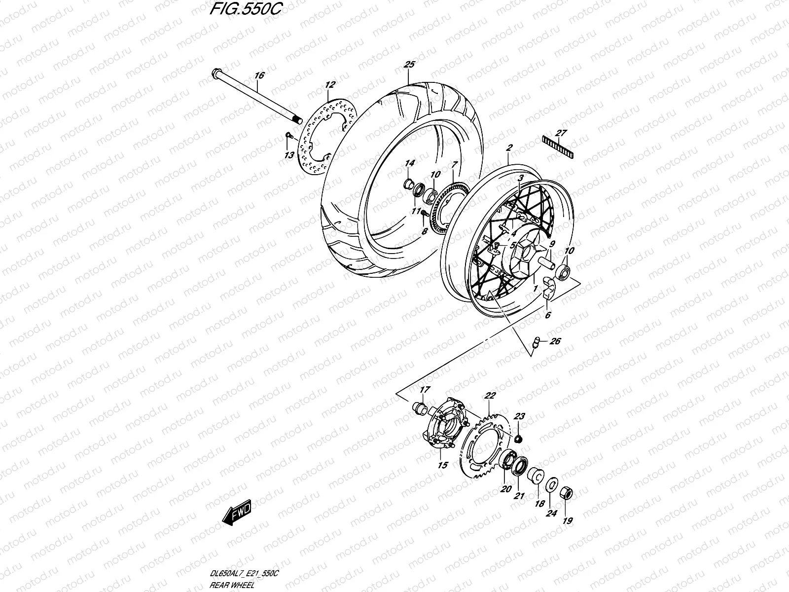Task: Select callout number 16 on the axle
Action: pos(259,75)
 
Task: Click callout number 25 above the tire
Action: pos(409,65)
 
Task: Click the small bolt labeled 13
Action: pos(290,136)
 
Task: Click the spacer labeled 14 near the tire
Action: pos(409,185)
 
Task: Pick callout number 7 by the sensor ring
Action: pos(454,164)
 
